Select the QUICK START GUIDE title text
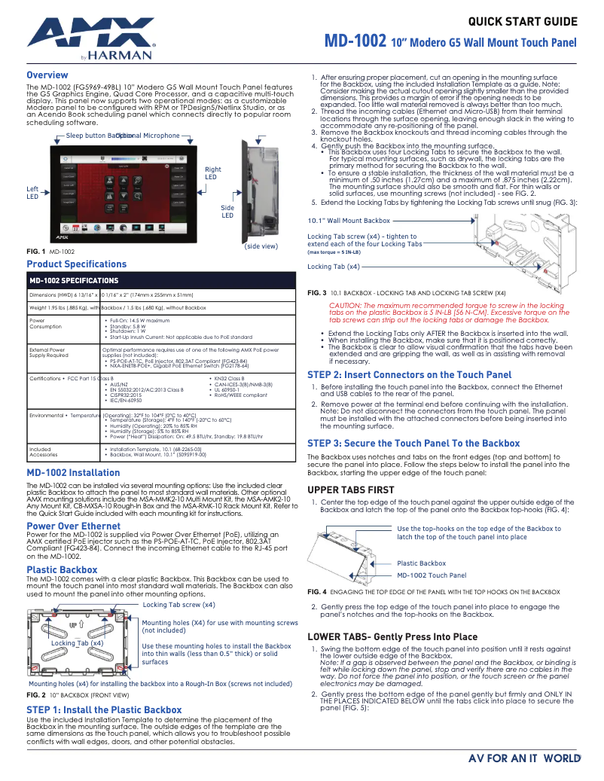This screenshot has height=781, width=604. (522, 21)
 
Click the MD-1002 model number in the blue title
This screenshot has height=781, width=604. (355, 41)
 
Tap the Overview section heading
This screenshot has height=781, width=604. (47, 75)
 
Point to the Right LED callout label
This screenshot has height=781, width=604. (213, 173)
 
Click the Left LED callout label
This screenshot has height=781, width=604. (32, 193)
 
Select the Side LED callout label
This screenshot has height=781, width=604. (227, 212)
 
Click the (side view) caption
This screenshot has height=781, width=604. (261, 246)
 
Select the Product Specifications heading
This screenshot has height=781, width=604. (76, 264)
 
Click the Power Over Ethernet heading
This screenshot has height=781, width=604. (73, 526)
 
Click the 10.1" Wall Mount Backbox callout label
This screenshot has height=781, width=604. (349, 221)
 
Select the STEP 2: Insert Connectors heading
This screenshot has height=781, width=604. (410, 374)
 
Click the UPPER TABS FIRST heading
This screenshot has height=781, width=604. (351, 490)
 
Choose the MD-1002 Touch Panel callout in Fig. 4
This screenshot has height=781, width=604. (431, 575)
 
